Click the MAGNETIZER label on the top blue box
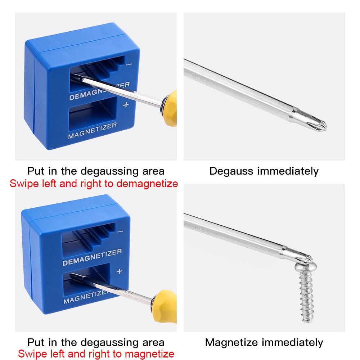coord(93,130)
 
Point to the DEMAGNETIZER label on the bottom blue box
coord(92,257)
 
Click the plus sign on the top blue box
coord(126,105)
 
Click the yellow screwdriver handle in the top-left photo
coord(170,108)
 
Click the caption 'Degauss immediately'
coord(264,171)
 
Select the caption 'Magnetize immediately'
coord(264,342)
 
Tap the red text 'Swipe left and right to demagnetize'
coord(94,184)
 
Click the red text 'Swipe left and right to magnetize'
coord(96,354)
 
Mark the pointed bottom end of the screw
coord(307,319)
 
